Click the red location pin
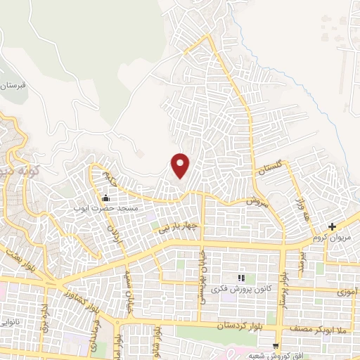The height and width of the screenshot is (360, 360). [181, 166]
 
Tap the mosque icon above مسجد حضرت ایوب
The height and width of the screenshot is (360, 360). [105, 198]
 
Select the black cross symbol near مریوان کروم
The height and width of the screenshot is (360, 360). [333, 226]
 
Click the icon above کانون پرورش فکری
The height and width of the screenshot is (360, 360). [241, 278]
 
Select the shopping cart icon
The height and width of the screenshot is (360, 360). [276, 345]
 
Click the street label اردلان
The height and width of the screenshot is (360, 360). [112, 228]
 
